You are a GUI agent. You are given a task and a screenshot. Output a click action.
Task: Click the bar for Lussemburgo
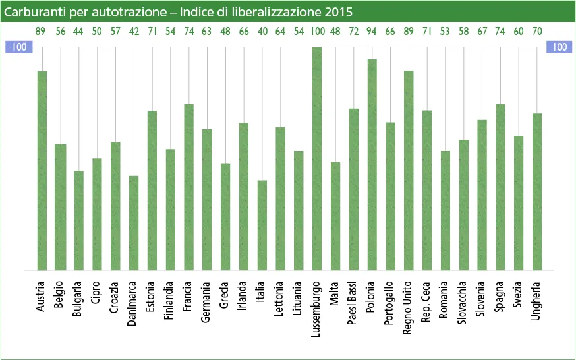[317, 158]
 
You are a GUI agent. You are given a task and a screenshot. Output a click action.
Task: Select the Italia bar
[262, 225]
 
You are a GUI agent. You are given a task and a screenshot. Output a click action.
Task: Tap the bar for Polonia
[372, 165]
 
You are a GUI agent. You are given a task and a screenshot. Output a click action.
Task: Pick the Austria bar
[42, 170]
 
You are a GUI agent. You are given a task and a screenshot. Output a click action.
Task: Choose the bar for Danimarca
[134, 223]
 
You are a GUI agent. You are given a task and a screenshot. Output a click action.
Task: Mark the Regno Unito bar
[409, 170]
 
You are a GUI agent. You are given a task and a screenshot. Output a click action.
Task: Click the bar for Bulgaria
[79, 220]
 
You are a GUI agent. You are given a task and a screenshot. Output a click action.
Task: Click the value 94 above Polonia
[372, 31]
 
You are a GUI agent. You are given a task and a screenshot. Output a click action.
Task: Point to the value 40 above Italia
[262, 31]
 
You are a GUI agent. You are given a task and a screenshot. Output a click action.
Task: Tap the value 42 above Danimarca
[134, 31]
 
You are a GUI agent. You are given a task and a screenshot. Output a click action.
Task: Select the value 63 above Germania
[207, 31]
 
